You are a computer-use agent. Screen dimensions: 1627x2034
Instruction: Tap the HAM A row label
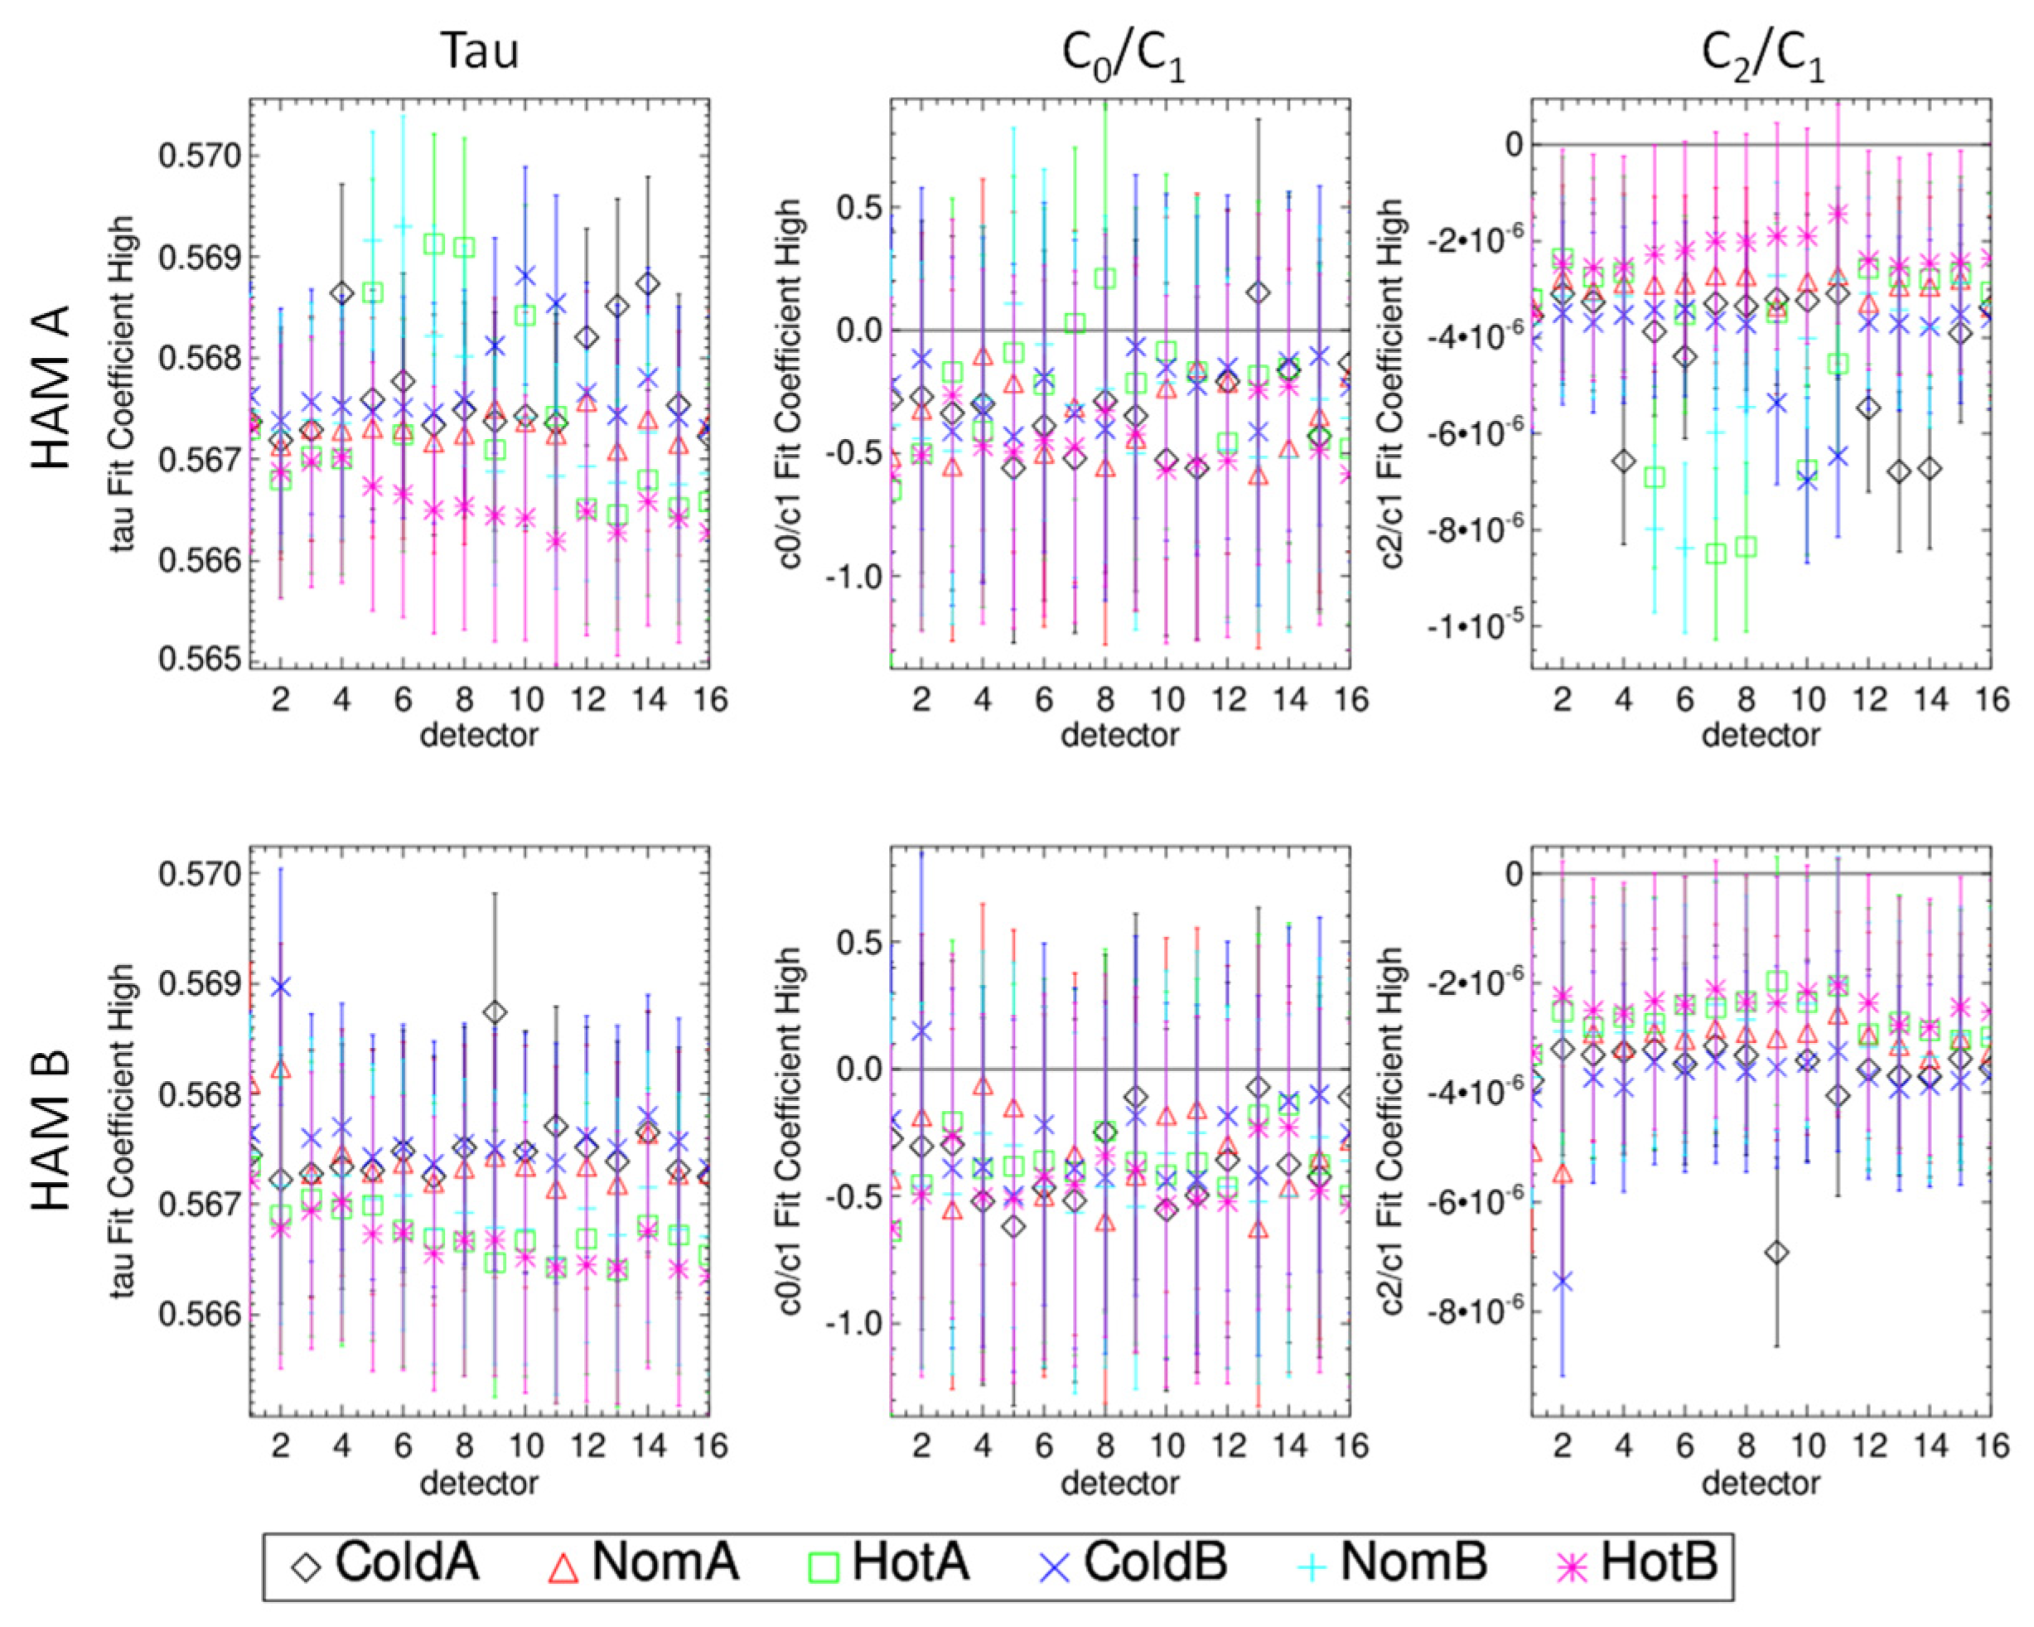(52, 387)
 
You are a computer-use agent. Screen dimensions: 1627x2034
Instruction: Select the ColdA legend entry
(386, 1561)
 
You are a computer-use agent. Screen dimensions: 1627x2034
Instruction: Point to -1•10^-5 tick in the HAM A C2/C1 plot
(1476, 626)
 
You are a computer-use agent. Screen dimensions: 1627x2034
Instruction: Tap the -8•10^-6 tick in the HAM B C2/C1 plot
(1476, 1312)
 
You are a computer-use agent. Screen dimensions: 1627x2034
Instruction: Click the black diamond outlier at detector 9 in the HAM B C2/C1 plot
(1777, 1253)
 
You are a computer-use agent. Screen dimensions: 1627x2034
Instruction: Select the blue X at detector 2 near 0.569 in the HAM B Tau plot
(280, 987)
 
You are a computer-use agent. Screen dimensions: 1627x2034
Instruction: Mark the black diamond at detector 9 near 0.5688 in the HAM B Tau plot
(495, 1012)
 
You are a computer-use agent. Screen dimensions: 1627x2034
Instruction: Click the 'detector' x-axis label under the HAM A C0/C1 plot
(1120, 735)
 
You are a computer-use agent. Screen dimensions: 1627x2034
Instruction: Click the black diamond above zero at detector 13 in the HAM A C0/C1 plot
(1258, 292)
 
